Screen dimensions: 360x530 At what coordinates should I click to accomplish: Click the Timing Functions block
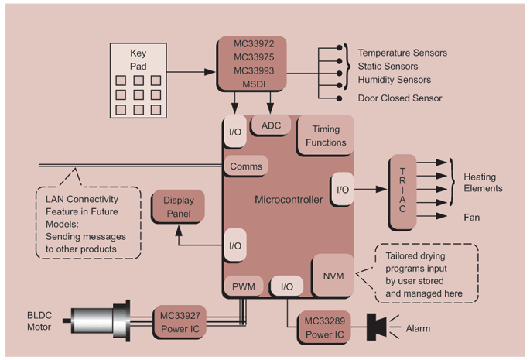325,135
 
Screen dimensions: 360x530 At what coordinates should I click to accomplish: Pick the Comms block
247,166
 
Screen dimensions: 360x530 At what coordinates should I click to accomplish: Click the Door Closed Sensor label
399,98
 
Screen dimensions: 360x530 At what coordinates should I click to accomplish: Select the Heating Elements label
483,182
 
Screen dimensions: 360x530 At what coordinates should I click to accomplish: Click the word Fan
471,218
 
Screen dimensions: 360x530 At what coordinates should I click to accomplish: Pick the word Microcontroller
288,200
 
